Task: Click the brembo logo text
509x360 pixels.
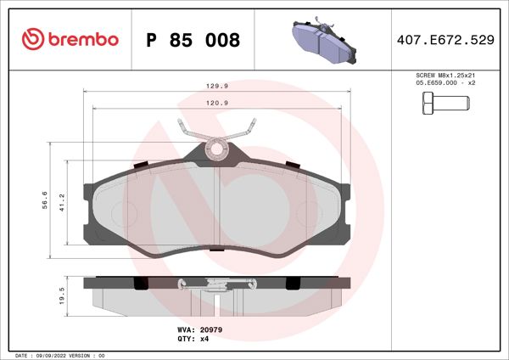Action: tap(83, 40)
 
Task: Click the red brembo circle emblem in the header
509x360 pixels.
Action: tap(33, 40)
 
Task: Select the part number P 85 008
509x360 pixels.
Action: tap(193, 40)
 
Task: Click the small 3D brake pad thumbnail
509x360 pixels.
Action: tap(324, 39)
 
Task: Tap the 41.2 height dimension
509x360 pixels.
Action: tap(60, 200)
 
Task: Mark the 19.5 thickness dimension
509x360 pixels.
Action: tap(60, 295)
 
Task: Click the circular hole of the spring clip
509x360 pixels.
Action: tap(217, 150)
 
